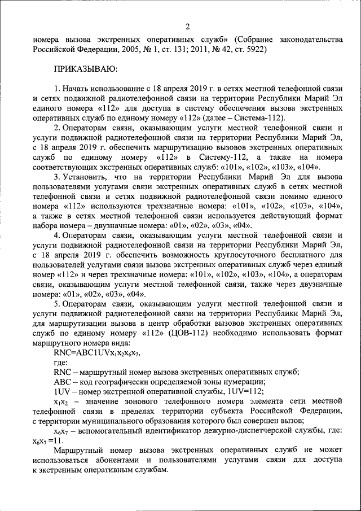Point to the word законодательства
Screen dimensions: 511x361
point(306,40)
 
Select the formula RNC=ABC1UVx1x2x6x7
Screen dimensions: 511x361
point(96,353)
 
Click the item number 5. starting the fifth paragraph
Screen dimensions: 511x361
point(57,304)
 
